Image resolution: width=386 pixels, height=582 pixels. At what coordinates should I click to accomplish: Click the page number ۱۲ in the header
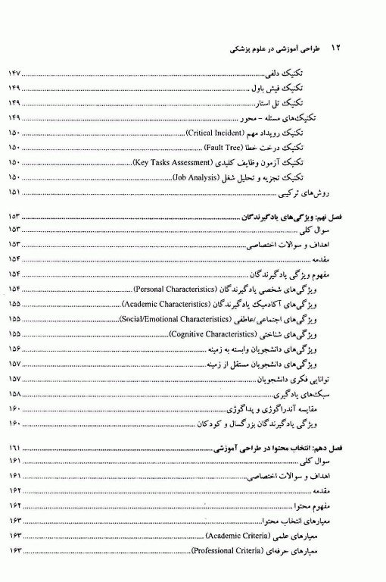tap(338, 47)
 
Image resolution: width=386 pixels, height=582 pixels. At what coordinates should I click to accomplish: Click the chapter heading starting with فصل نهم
tap(298, 217)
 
